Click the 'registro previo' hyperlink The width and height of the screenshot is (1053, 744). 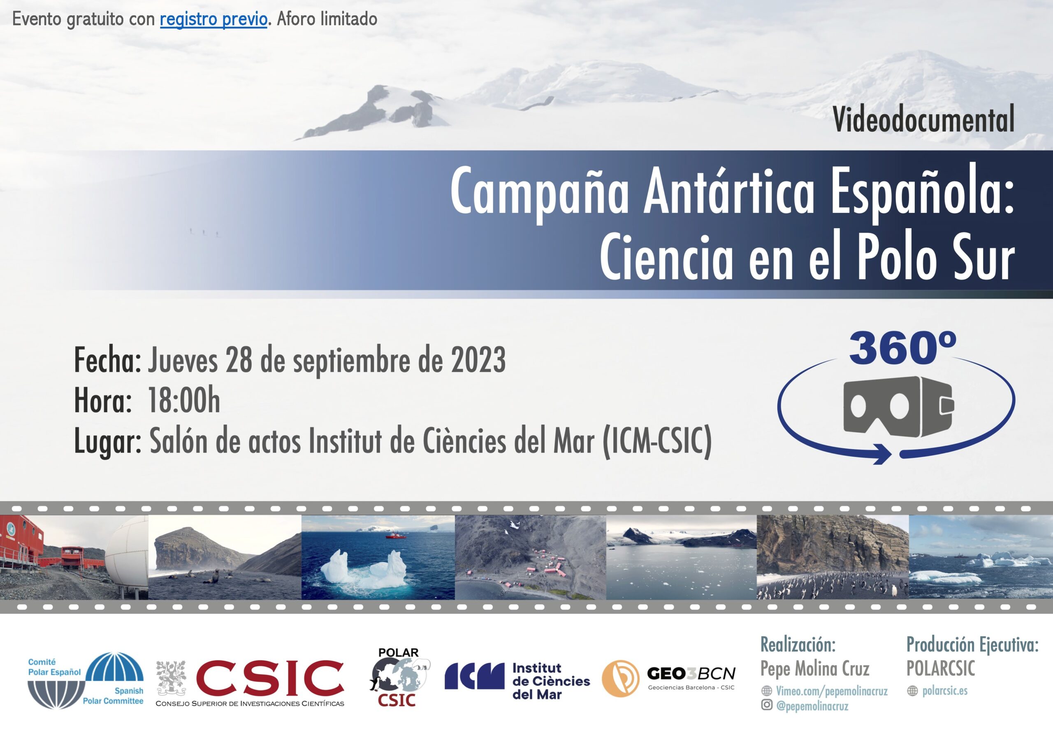[x=213, y=19]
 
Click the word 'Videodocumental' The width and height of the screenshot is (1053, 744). [x=924, y=119]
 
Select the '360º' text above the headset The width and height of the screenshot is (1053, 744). [x=902, y=348]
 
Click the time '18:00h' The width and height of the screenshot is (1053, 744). [x=184, y=401]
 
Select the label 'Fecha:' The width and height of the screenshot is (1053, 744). [x=108, y=360]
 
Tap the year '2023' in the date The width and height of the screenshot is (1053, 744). [x=478, y=360]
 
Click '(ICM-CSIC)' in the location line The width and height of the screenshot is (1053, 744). [x=657, y=441]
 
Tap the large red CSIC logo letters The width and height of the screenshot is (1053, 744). [x=270, y=678]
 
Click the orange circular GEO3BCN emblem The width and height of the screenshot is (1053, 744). [x=621, y=679]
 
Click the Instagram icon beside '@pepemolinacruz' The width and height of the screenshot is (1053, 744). [x=766, y=704]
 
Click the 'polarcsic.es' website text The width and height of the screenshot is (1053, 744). [x=945, y=690]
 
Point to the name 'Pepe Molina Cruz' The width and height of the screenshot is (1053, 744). [x=815, y=668]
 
